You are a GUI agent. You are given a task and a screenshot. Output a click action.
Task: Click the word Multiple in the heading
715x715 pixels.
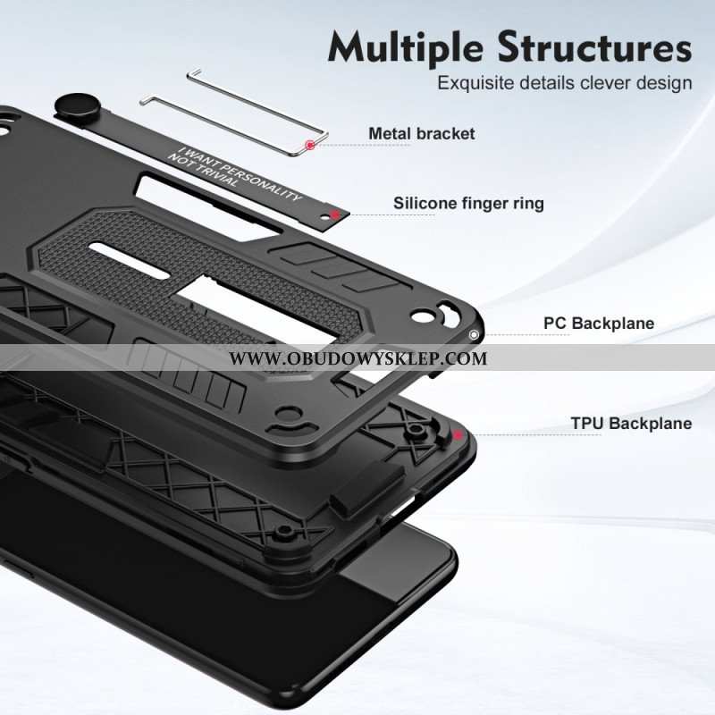click(405, 48)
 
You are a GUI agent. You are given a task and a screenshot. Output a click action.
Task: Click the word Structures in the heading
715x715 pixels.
click(594, 47)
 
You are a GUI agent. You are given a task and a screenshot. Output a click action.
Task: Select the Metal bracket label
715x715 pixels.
click(421, 133)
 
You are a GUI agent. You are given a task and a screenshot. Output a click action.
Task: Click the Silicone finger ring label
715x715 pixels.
click(468, 204)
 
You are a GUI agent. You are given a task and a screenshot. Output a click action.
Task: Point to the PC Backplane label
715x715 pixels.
click(599, 324)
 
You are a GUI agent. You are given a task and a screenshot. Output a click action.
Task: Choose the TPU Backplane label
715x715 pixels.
click(632, 423)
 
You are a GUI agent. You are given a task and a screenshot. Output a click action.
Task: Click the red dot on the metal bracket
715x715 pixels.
click(310, 145)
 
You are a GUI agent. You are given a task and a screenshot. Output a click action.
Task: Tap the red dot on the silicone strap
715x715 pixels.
click(335, 214)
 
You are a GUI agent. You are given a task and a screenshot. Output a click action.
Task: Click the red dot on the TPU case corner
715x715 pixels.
click(458, 435)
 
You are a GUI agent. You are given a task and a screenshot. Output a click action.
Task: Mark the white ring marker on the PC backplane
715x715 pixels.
click(474, 335)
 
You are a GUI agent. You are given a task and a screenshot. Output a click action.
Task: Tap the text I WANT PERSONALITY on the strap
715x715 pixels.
click(239, 173)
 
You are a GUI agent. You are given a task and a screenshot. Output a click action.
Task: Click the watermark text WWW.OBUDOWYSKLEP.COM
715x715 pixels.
click(358, 358)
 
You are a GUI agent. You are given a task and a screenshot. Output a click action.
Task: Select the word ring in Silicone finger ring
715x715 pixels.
click(528, 204)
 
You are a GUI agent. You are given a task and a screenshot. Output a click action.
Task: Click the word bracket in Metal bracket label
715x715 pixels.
click(445, 133)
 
